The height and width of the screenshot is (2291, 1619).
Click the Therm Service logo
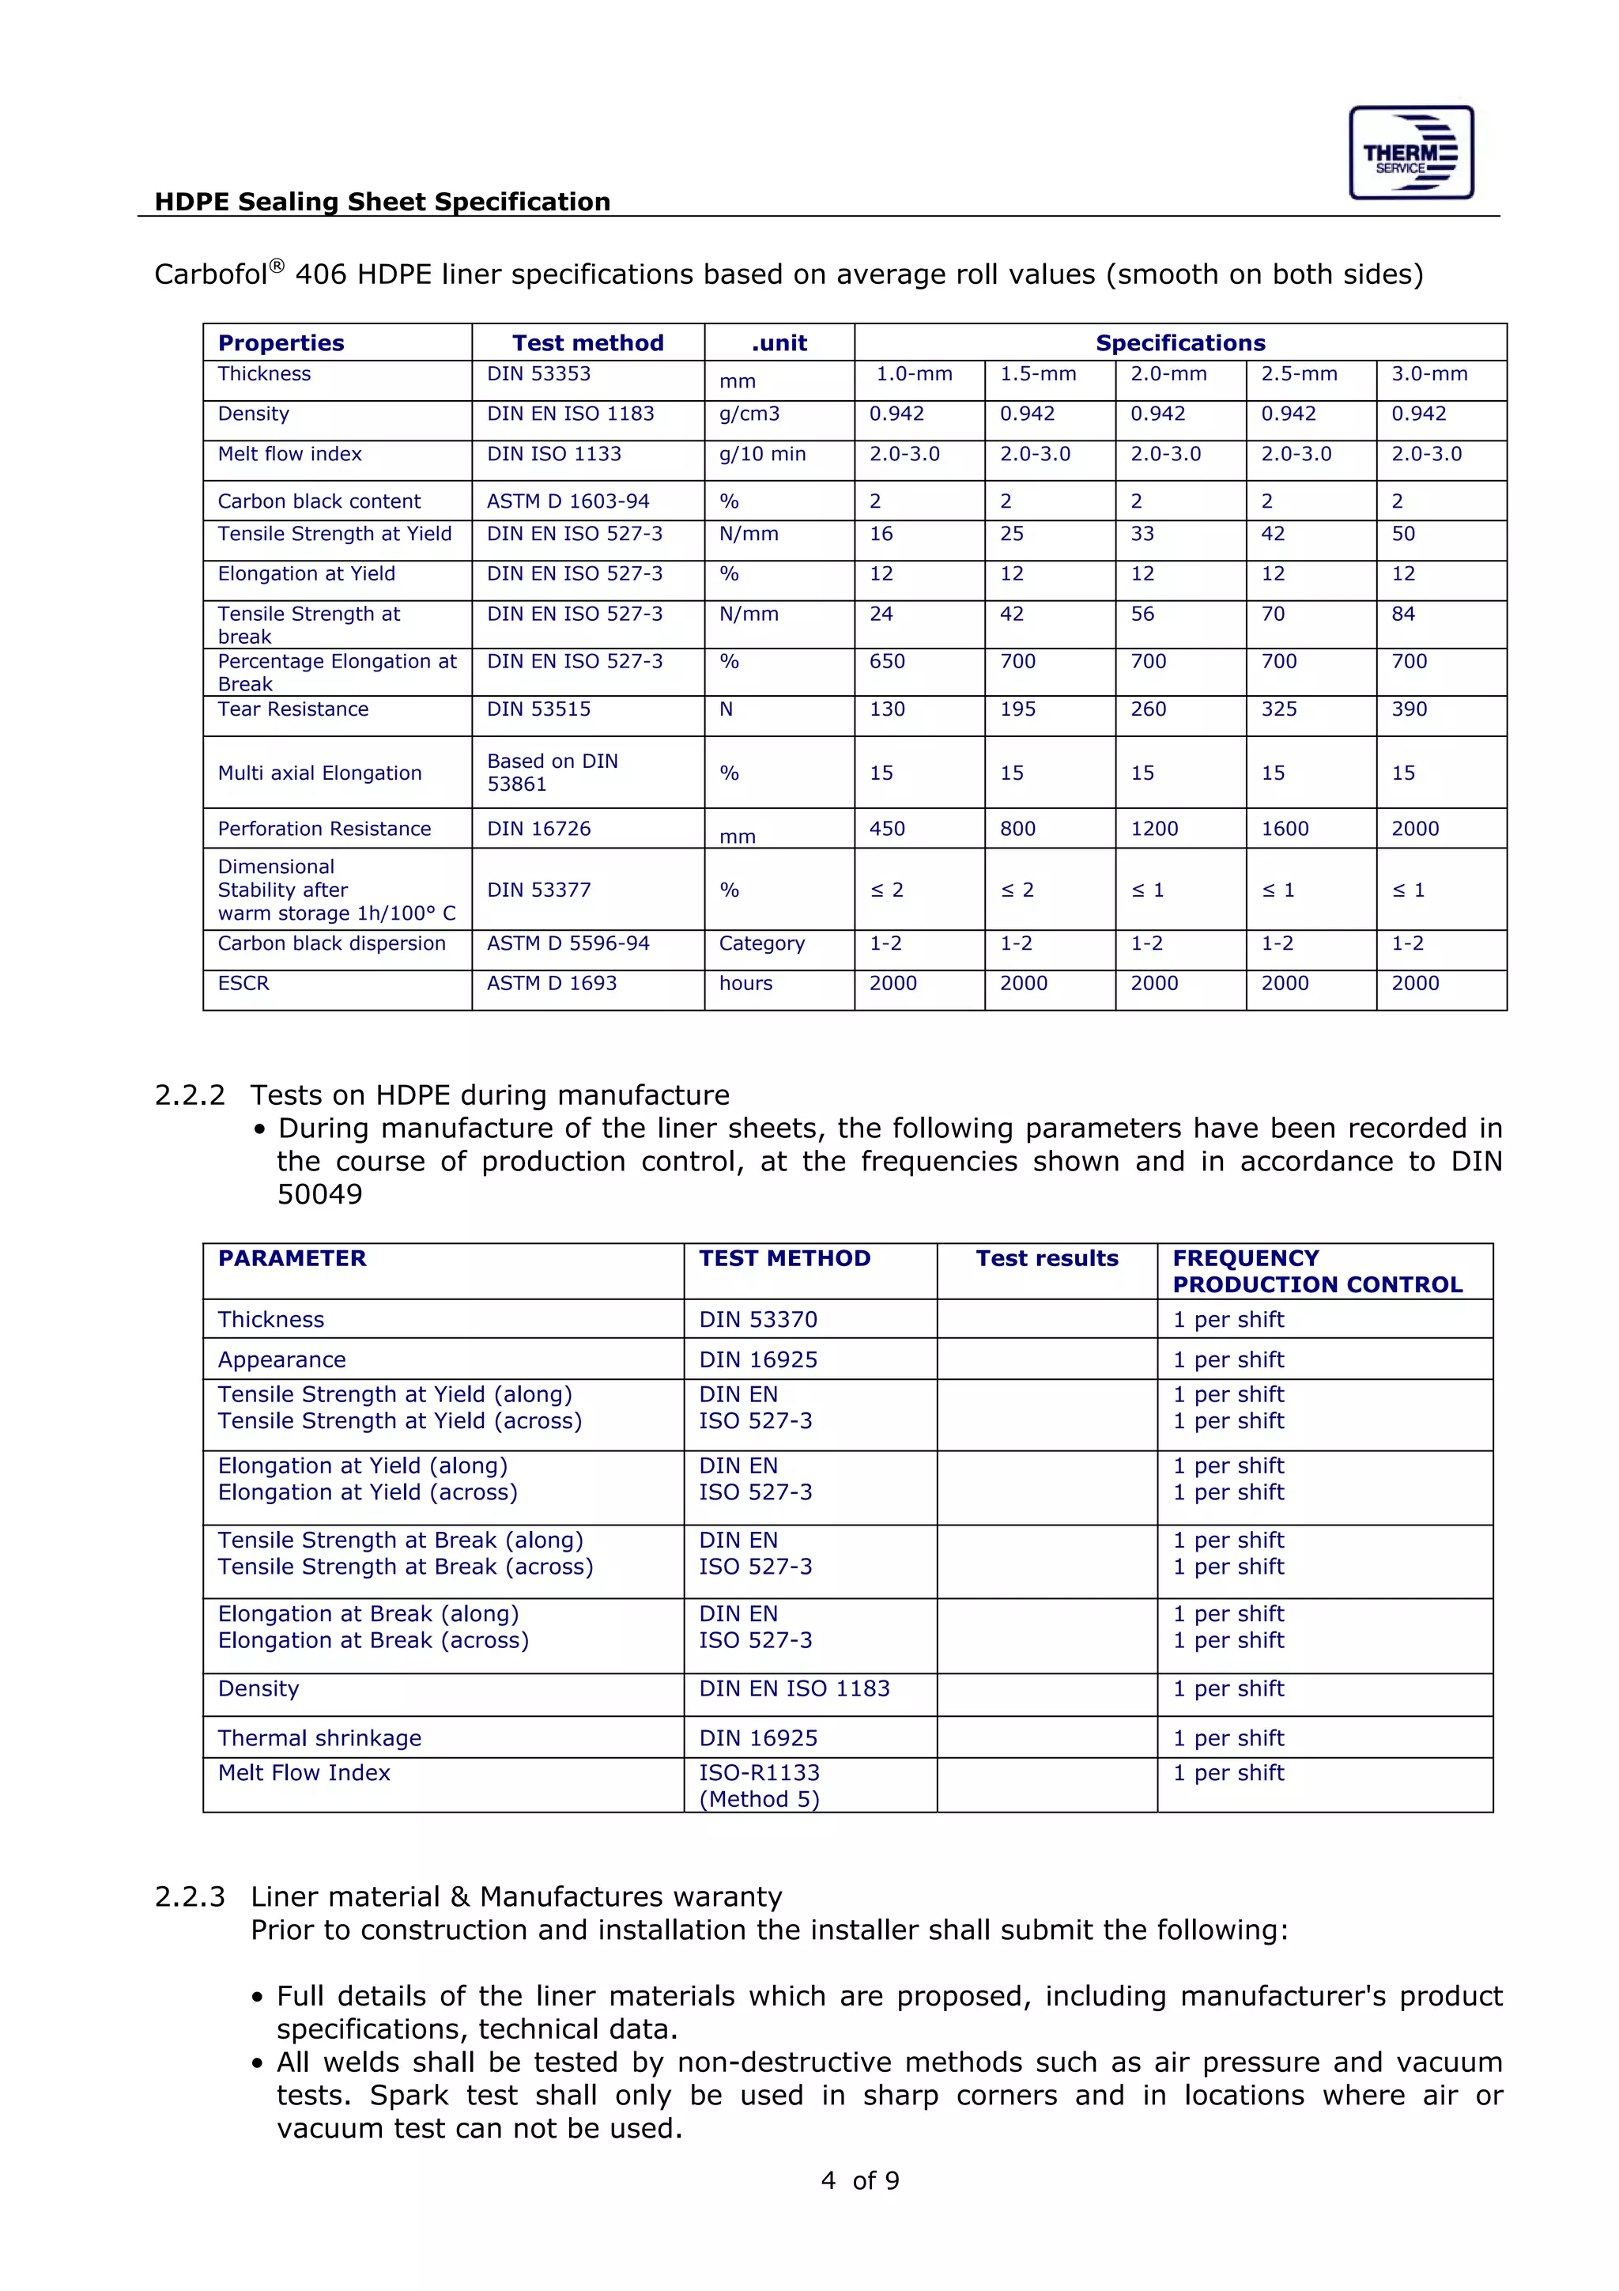(x=1410, y=153)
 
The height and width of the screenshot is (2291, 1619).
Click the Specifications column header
(x=1180, y=343)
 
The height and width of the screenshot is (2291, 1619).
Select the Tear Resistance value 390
(x=1409, y=709)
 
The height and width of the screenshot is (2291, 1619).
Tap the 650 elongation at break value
(x=887, y=662)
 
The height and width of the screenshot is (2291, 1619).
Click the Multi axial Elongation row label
(x=319, y=773)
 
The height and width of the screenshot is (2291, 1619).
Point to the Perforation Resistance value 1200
(x=1154, y=830)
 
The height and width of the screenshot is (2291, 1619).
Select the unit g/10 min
(x=762, y=454)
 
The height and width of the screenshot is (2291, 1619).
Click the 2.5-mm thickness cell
(x=1299, y=374)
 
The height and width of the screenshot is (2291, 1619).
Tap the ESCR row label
(x=243, y=984)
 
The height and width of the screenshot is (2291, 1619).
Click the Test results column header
(x=1047, y=1258)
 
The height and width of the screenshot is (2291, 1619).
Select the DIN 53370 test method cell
(x=758, y=1320)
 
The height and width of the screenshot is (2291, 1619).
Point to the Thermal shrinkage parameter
(x=319, y=1738)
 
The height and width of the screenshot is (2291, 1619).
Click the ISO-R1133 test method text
(x=759, y=1773)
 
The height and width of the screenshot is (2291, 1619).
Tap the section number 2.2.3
(x=190, y=1897)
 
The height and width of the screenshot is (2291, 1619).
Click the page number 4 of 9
(x=860, y=2181)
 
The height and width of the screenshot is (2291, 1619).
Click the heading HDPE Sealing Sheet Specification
(x=382, y=202)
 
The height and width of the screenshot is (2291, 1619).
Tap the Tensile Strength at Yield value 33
(x=1142, y=534)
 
